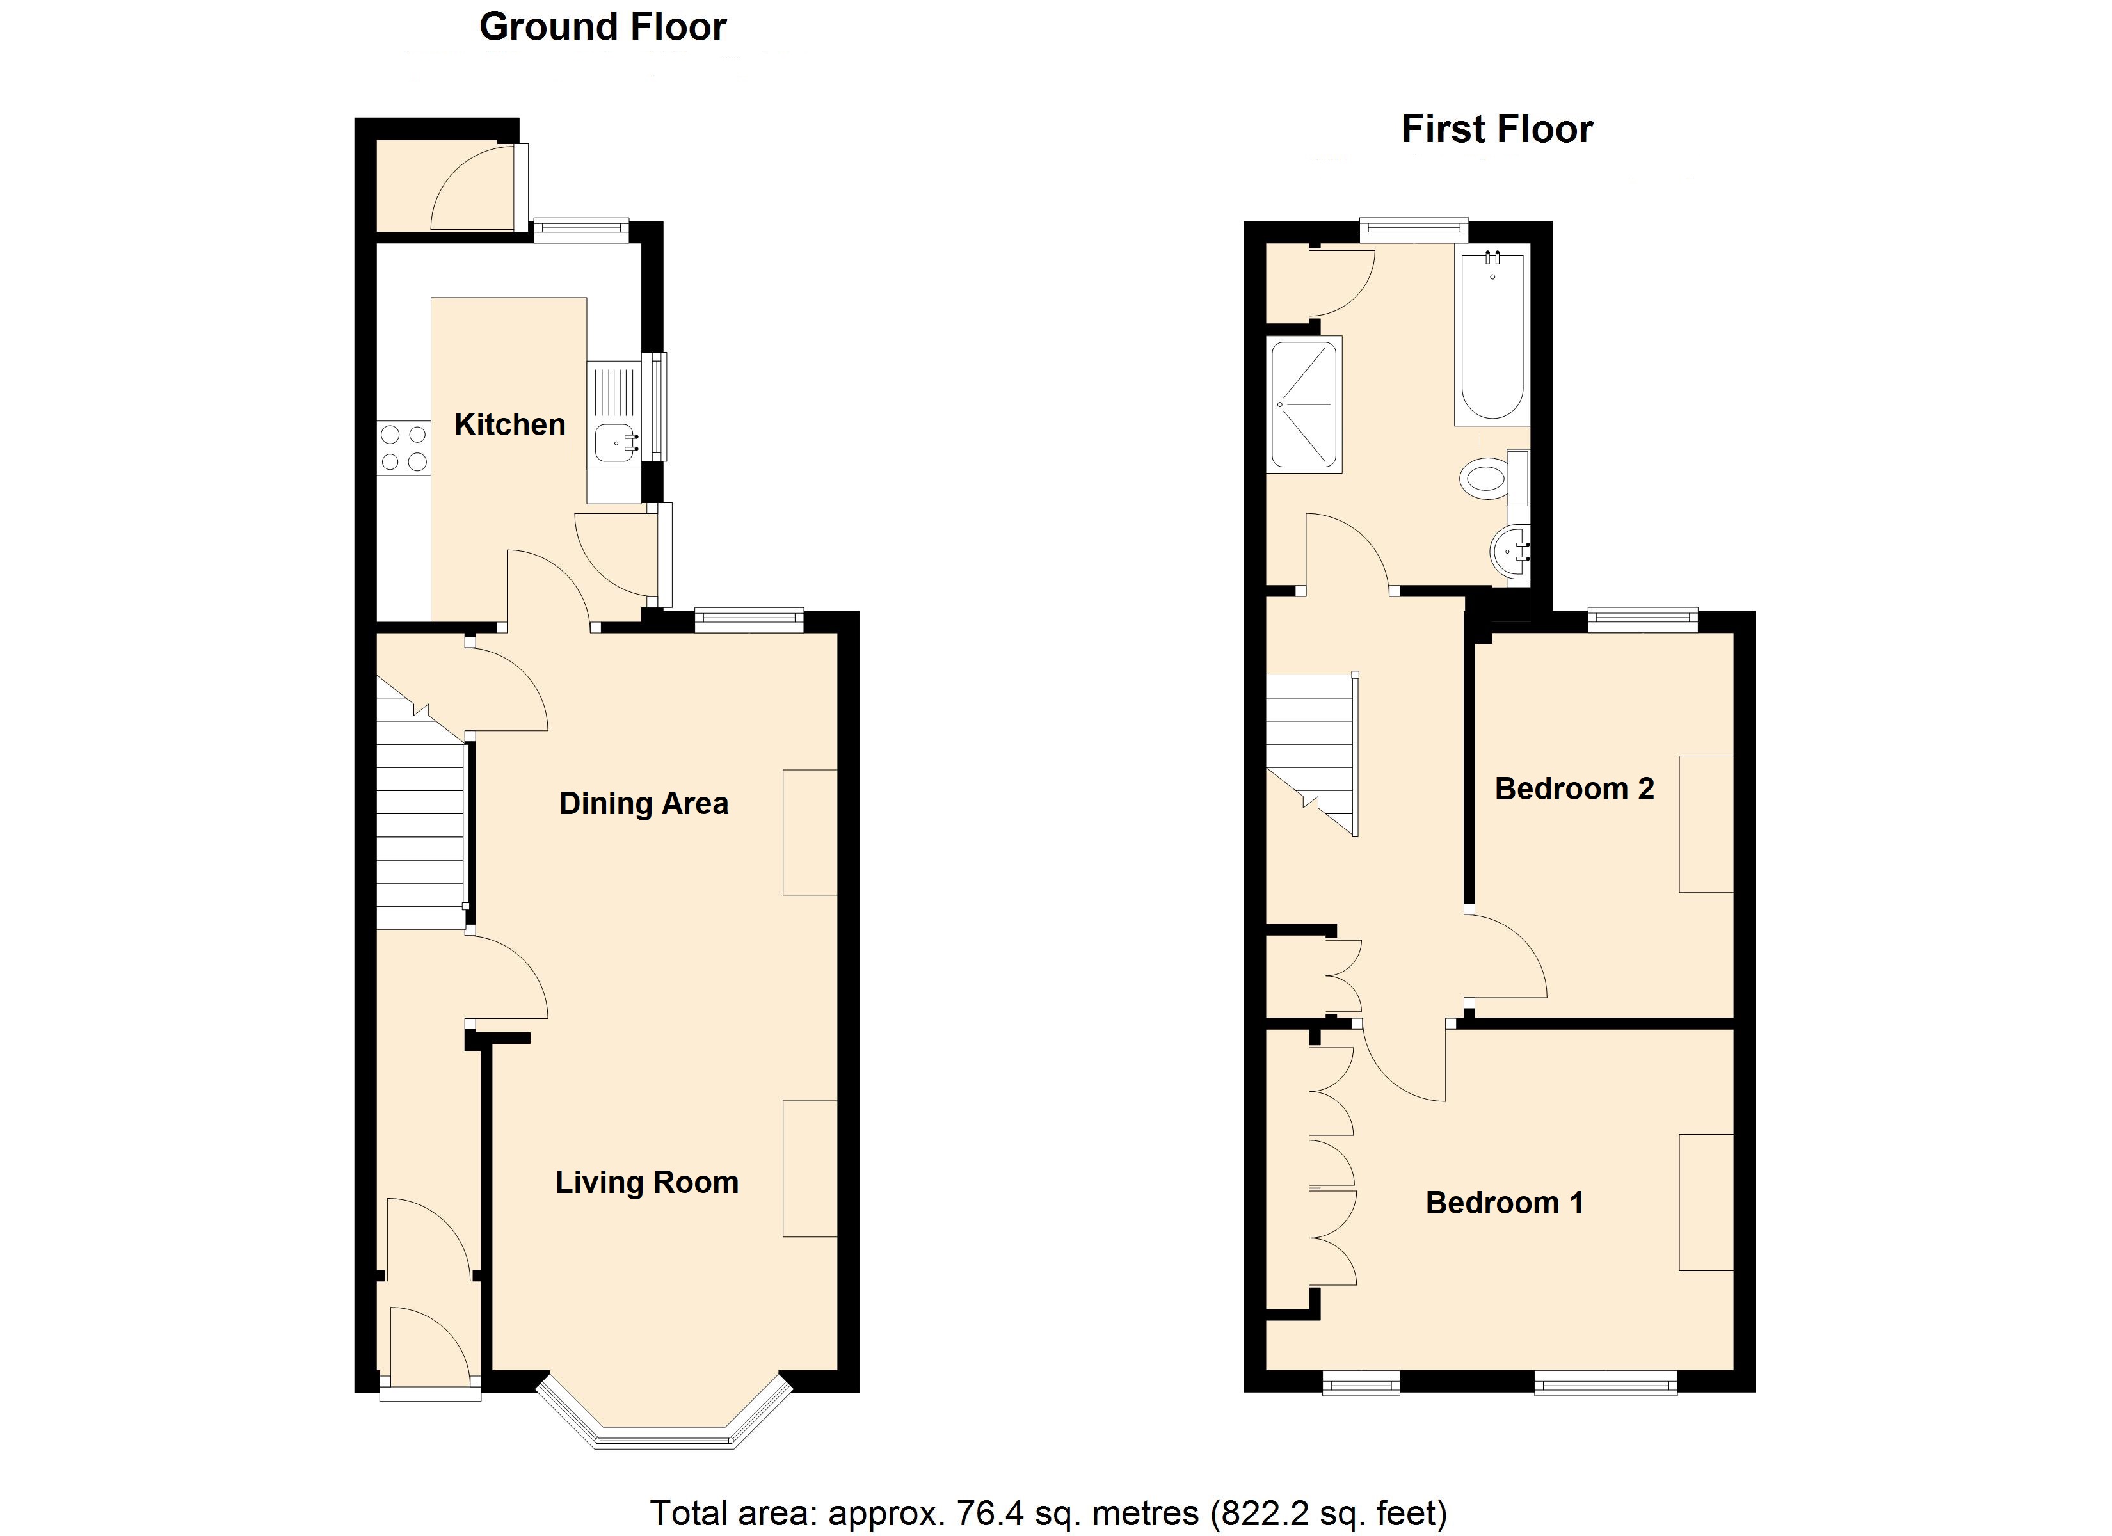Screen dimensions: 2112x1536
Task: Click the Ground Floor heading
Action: coord(602,27)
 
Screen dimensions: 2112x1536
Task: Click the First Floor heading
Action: coord(1498,129)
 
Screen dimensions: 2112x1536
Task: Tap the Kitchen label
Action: coord(509,425)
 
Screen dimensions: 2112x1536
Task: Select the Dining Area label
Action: coord(643,803)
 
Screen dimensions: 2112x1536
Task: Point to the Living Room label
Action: coord(647,1182)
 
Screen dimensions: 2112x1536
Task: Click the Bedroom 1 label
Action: coord(1504,1203)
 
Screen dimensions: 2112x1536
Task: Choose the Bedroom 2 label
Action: coord(1574,789)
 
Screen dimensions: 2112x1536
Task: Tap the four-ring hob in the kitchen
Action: coord(404,448)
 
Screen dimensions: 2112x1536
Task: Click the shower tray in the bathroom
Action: coord(1304,404)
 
